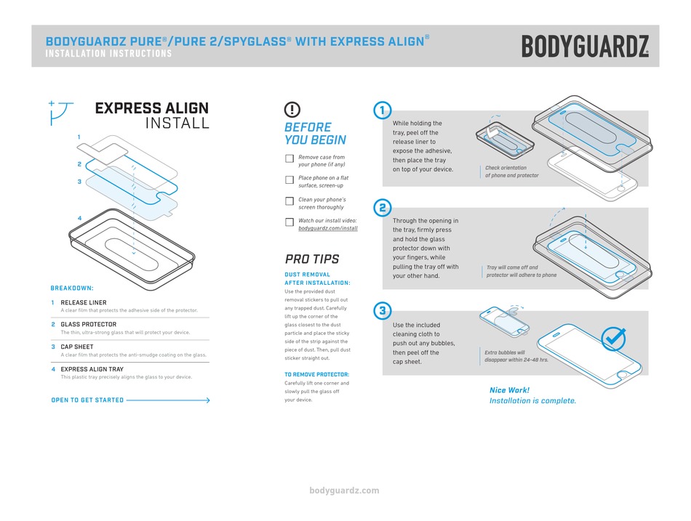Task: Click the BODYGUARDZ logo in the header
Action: (x=585, y=47)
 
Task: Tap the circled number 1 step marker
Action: (x=382, y=110)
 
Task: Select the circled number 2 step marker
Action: (x=382, y=208)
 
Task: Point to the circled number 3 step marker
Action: (x=382, y=311)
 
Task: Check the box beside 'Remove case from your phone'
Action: (x=289, y=158)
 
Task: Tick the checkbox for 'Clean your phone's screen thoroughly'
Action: (x=289, y=201)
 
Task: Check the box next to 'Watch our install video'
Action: (x=289, y=222)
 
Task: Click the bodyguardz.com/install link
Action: (x=328, y=228)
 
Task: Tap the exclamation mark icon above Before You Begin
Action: (x=292, y=110)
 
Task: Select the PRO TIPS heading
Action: (x=311, y=259)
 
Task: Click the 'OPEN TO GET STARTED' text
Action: (x=87, y=400)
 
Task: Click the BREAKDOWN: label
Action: (x=72, y=288)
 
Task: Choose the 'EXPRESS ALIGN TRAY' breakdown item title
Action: (x=92, y=369)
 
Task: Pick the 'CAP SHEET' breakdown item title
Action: (x=77, y=347)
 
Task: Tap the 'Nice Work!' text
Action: (x=509, y=390)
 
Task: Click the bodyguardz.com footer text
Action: (x=345, y=490)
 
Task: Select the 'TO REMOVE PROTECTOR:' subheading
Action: (x=316, y=375)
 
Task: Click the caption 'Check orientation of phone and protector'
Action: (x=512, y=171)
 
